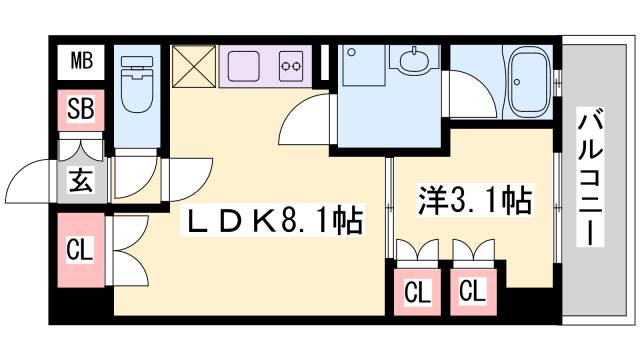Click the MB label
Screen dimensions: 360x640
point(81,63)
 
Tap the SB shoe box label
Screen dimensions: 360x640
point(81,109)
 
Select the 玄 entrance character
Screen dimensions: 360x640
point(80,181)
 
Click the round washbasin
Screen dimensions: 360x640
point(411,63)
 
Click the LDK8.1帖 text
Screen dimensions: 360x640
point(273,216)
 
